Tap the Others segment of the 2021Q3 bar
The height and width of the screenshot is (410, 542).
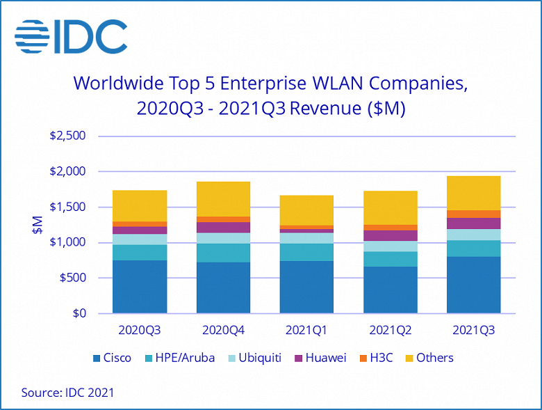(473, 193)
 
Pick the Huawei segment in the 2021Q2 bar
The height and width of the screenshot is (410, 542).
(390, 236)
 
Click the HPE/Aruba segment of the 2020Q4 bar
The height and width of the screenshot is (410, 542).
(223, 253)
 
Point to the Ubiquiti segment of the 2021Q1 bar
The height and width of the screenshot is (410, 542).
(306, 238)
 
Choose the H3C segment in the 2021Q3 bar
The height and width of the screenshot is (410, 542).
(473, 214)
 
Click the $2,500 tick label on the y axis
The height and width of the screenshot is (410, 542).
(67, 136)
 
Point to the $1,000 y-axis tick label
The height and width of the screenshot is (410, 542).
(67, 242)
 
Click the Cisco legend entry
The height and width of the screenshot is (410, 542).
(112, 358)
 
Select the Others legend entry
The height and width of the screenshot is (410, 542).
(429, 358)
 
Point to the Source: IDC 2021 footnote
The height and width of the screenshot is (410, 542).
(67, 393)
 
